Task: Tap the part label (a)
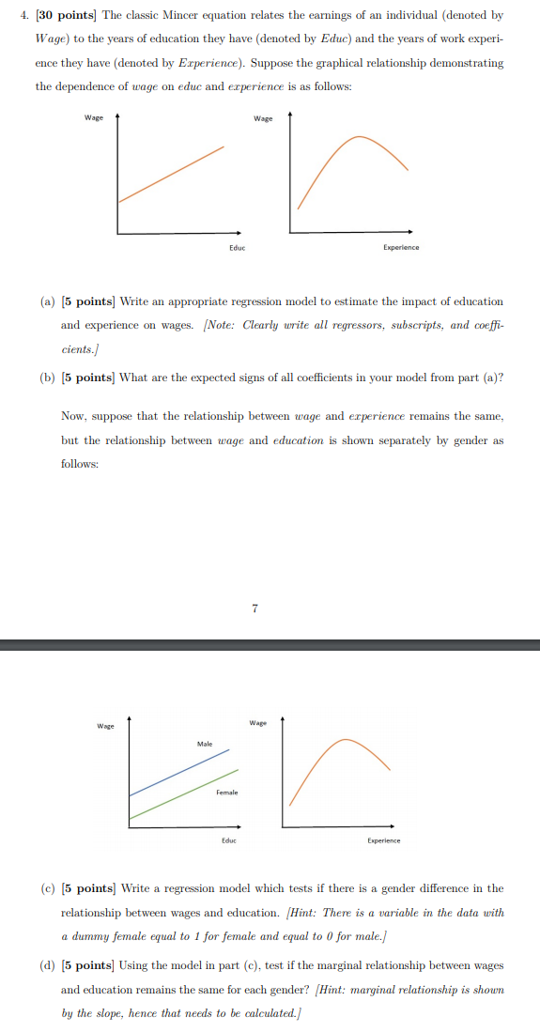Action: coord(47,301)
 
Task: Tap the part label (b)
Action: coord(47,378)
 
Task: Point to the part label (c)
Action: coord(47,888)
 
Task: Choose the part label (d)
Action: coord(47,965)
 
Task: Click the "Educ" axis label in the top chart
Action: coord(237,247)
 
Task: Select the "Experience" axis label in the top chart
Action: coord(401,247)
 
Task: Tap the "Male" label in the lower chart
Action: coord(205,744)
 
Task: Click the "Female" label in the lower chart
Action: coord(226,793)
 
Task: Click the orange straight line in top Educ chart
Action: coord(172,174)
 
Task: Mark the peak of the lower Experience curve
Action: coord(345,740)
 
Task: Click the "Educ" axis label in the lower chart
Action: coord(228,840)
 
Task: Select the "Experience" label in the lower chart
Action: coord(383,840)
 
